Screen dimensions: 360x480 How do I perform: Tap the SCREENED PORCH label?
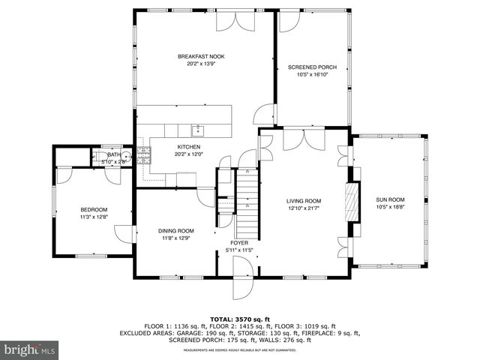(x=312, y=67)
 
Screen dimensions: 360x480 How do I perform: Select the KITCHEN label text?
(x=187, y=146)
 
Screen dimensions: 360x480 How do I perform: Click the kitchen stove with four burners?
(x=142, y=155)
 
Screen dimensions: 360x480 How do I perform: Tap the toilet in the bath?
(x=98, y=157)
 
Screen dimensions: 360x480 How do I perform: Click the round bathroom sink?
(x=127, y=157)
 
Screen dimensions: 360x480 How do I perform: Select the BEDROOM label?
(x=94, y=209)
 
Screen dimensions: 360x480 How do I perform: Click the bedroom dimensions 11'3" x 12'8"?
(x=94, y=217)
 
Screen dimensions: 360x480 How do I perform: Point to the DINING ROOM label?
(x=175, y=231)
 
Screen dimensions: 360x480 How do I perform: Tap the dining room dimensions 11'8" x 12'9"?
(x=175, y=238)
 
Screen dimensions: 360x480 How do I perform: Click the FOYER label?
(x=239, y=243)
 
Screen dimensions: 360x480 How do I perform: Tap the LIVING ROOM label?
(x=304, y=201)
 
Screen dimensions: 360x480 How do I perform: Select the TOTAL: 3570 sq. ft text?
(x=240, y=319)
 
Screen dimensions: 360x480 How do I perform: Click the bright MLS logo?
(x=30, y=349)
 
